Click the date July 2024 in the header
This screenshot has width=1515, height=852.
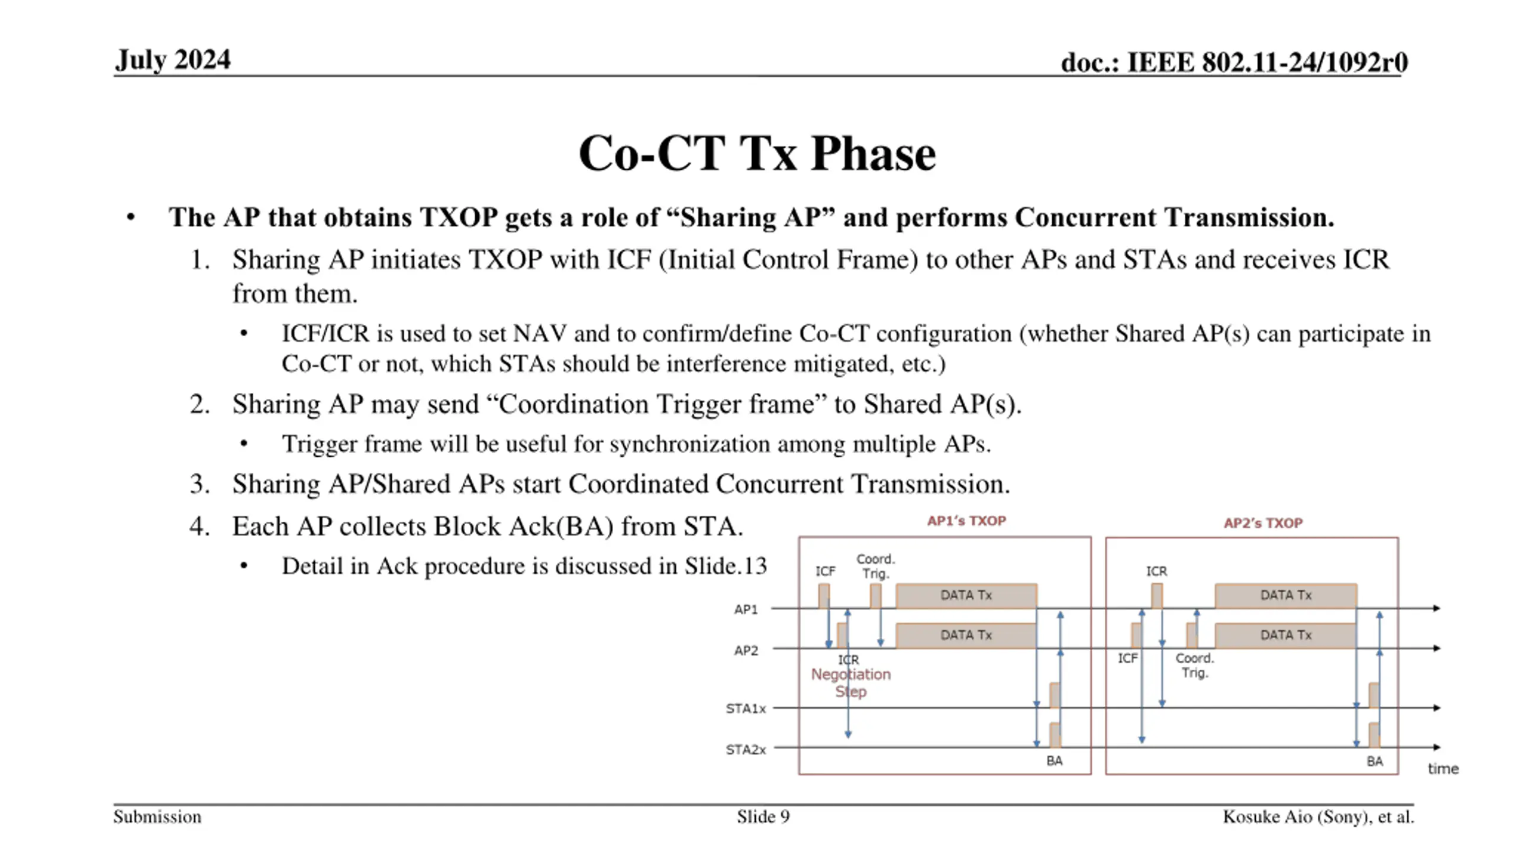click(173, 60)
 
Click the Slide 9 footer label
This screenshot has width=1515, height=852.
click(763, 816)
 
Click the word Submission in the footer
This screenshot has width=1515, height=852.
click(157, 816)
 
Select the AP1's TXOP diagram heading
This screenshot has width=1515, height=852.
click(966, 521)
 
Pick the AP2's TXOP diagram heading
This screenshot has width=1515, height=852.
click(1263, 523)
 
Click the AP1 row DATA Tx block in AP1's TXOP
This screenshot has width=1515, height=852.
click(966, 595)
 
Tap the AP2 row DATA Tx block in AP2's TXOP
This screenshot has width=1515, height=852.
click(1285, 635)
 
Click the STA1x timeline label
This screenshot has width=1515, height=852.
click(746, 708)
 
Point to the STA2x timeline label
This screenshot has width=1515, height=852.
click(746, 750)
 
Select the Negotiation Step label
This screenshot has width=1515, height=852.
click(850, 683)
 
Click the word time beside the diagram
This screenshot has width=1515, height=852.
click(1443, 769)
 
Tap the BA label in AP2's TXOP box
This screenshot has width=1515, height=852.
click(1374, 761)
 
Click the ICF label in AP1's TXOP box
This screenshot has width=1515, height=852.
click(825, 571)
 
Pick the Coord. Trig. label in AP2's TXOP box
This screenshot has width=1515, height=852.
click(1194, 665)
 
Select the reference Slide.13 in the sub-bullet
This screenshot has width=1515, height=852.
click(726, 566)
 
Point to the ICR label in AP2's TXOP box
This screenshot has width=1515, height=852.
click(1156, 571)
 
